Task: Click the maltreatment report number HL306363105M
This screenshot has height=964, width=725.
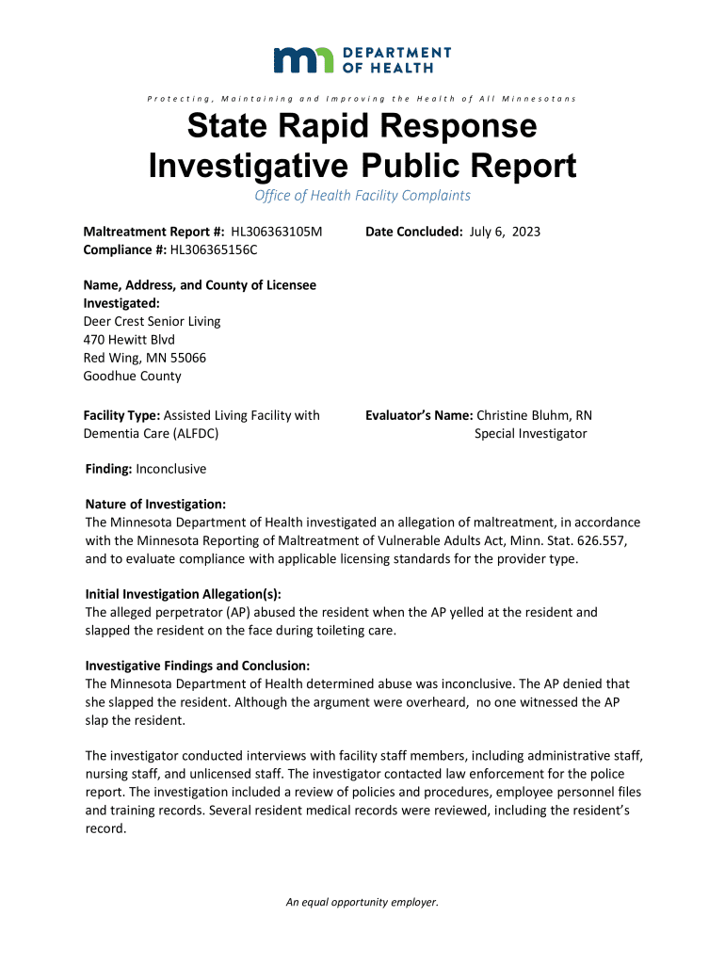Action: (x=270, y=232)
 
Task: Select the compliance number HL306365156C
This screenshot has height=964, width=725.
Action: (x=214, y=249)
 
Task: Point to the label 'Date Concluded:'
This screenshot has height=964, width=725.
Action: (x=413, y=232)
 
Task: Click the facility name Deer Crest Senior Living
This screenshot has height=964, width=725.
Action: (x=153, y=321)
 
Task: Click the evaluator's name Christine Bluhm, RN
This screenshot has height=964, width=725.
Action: (x=535, y=415)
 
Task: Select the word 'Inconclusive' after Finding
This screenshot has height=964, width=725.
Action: (x=170, y=469)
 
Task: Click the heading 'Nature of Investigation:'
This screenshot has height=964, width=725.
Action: (x=155, y=505)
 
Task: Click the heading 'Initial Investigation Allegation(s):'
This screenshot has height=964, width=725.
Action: (x=184, y=594)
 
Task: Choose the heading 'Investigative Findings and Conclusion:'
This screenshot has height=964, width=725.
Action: (x=198, y=666)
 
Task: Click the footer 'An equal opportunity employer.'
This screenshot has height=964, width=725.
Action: (x=362, y=902)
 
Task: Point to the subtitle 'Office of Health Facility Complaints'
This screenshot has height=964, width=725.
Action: (x=362, y=196)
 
